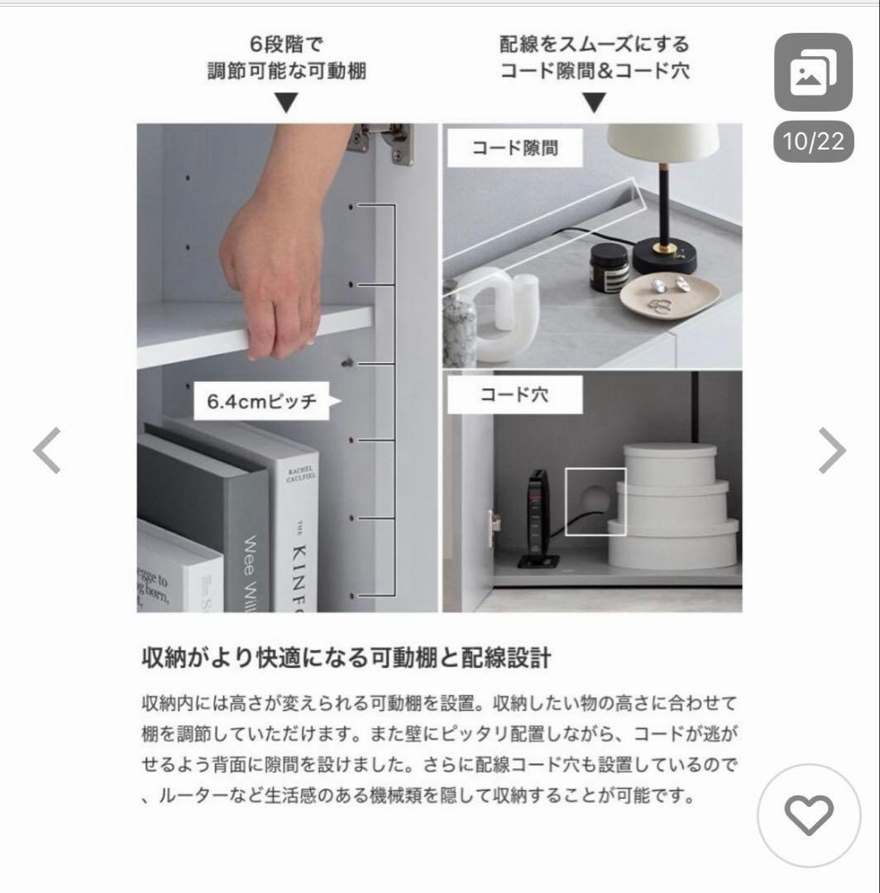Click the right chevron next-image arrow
click(x=832, y=451)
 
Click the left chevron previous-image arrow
click(x=47, y=451)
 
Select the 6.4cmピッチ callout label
click(x=261, y=403)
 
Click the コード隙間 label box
click(x=515, y=149)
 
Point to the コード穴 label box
click(x=515, y=395)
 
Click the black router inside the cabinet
click(x=538, y=517)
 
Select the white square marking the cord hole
click(x=595, y=501)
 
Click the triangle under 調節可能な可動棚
click(x=286, y=103)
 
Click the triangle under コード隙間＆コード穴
click(x=595, y=103)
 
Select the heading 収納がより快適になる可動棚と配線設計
click(x=345, y=659)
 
